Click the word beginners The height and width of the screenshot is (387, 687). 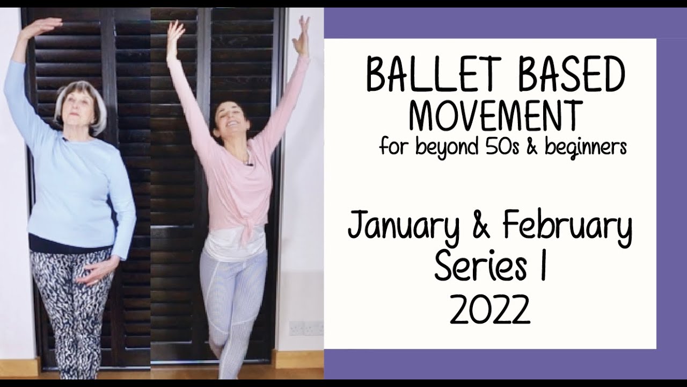click(x=586, y=146)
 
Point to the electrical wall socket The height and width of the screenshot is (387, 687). click(x=306, y=328)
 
